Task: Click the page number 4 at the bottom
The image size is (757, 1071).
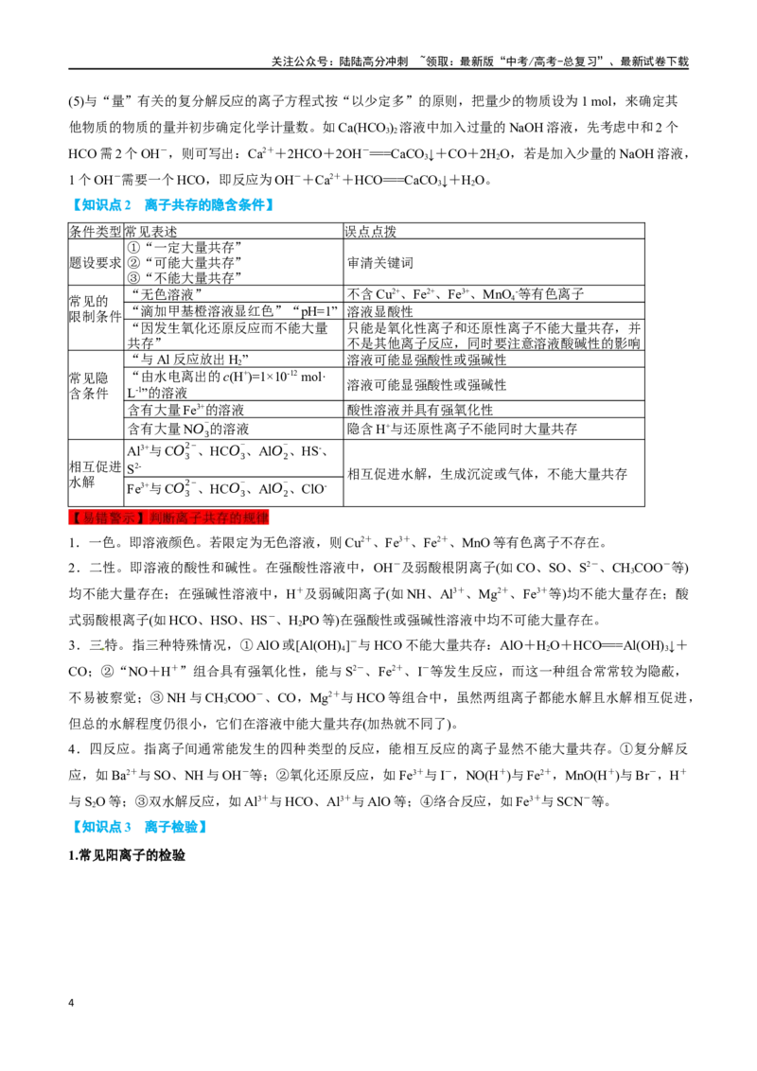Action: coord(71,1003)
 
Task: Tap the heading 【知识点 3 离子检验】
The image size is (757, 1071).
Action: coord(138,827)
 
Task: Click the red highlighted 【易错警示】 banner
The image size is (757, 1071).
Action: coord(168,518)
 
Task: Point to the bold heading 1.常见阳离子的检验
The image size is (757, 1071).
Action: coord(127,855)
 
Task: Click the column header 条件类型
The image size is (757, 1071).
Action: coord(95,232)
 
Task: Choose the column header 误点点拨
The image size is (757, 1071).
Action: coord(371,232)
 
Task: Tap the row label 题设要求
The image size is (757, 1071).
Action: coord(95,263)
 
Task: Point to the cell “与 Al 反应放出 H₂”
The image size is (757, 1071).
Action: coord(188,360)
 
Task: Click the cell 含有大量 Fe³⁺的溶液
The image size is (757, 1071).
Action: coord(185,410)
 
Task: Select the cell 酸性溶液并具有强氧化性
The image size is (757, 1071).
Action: coord(419,410)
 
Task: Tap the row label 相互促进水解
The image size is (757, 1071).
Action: coord(95,474)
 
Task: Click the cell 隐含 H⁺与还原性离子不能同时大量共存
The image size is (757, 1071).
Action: coord(462,429)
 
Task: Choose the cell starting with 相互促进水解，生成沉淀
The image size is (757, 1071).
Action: coord(487,474)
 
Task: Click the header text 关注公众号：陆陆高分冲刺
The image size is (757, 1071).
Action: coord(340,61)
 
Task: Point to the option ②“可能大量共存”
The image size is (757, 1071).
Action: coord(185,263)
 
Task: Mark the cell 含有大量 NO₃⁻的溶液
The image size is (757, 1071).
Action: coord(188,429)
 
